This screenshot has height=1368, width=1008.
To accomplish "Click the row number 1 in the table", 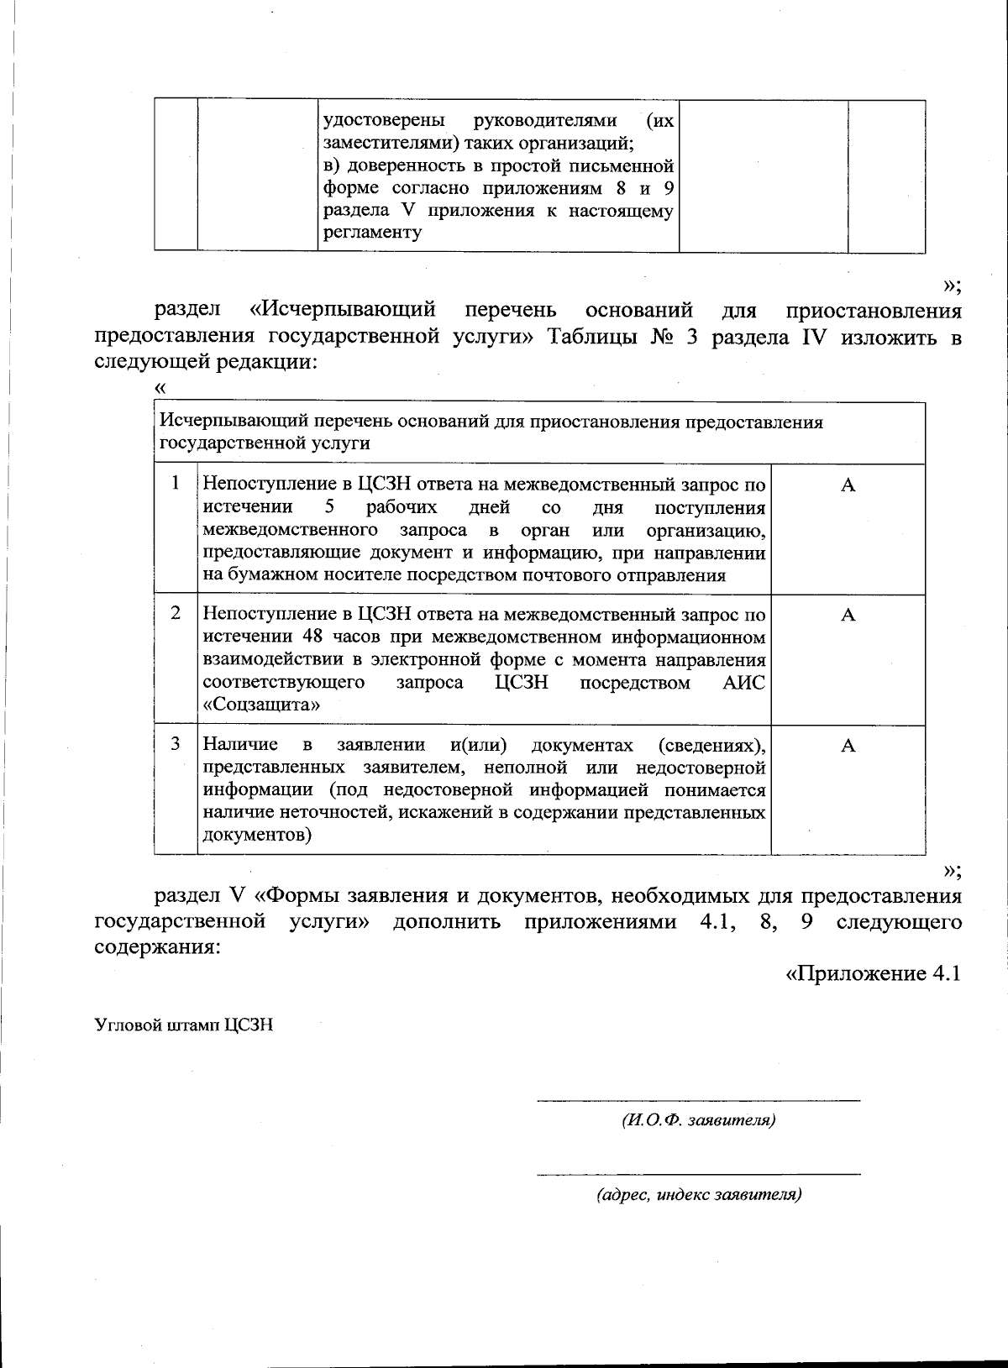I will [x=176, y=483].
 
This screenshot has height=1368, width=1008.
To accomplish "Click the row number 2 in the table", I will [x=176, y=613].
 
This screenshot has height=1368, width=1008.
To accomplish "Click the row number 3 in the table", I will [x=176, y=743].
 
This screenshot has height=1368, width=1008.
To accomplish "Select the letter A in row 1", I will [x=848, y=485].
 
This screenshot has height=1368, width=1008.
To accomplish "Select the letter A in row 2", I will [x=848, y=616].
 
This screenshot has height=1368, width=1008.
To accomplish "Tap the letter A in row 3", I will [x=848, y=746].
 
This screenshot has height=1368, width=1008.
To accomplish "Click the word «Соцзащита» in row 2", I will [x=261, y=705].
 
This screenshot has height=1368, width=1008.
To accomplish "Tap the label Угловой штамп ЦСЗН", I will [x=184, y=1025].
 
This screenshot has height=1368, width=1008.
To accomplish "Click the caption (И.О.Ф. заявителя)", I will [x=698, y=1120].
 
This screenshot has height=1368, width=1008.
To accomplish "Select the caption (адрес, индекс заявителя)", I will [x=698, y=1194].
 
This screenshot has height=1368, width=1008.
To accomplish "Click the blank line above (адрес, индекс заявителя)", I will [x=698, y=1172].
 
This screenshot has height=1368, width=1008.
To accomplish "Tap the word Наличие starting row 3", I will [x=241, y=745].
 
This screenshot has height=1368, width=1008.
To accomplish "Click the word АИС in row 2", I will [x=743, y=682].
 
